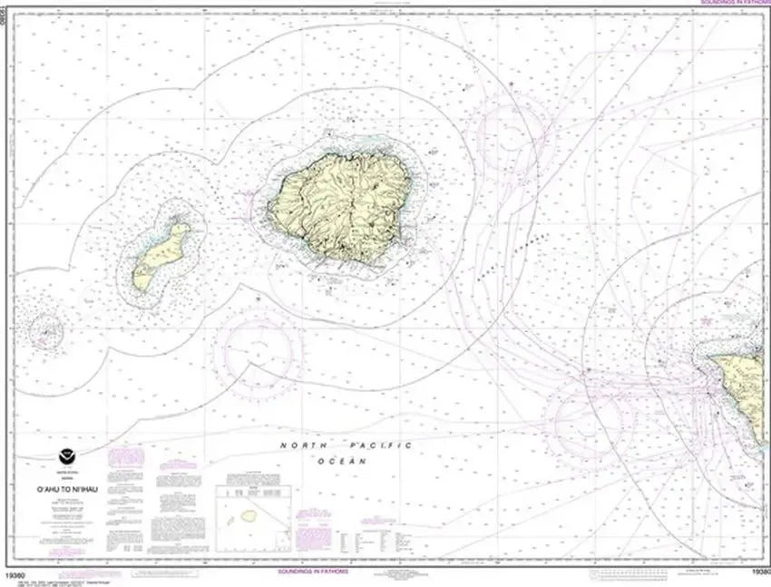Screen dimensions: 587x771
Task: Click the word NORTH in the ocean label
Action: [301, 445]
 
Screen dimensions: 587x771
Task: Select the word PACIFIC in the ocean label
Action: [381, 445]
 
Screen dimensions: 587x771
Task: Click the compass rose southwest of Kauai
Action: [263, 349]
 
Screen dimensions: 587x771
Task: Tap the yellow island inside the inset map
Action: [247, 515]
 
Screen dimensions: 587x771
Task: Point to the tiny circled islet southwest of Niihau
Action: [44, 332]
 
